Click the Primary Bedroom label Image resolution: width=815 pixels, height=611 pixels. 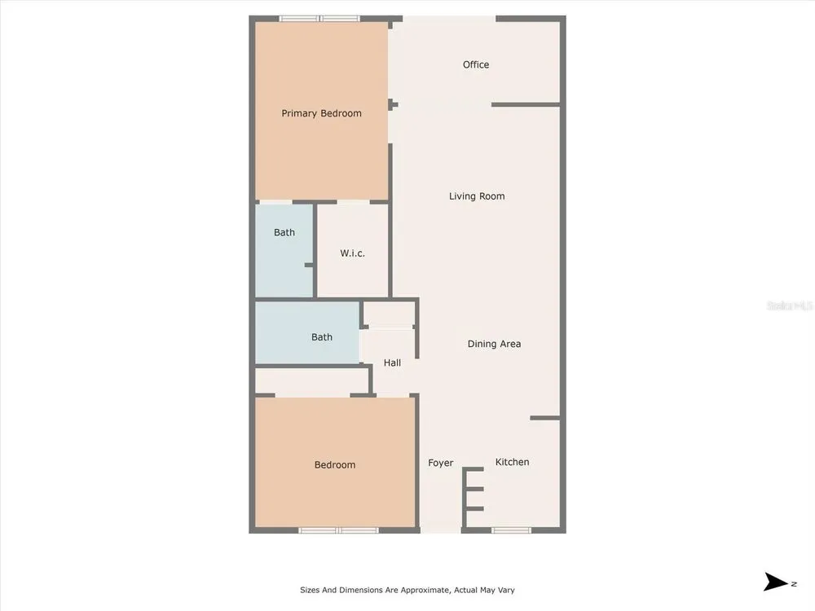[321, 113]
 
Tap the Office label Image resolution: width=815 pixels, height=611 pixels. [476, 64]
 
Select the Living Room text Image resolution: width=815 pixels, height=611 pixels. [477, 196]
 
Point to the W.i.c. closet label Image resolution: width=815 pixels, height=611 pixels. [352, 253]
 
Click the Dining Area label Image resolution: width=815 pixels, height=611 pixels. [494, 344]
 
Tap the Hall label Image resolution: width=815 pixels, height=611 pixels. [392, 363]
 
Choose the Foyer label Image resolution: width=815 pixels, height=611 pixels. [440, 463]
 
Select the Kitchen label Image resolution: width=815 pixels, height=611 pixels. [512, 462]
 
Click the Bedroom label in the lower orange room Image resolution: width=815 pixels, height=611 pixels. [335, 465]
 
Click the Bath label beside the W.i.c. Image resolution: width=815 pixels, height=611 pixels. [284, 232]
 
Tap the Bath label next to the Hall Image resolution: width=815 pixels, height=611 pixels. [322, 337]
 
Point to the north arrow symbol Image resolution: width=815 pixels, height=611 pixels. [776, 582]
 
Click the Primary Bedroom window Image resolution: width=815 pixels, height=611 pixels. [319, 19]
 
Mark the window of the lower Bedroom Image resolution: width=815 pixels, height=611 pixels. [338, 530]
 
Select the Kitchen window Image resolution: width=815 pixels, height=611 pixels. [512, 530]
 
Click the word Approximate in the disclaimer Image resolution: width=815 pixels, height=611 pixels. [424, 590]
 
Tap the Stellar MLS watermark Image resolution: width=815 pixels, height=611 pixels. [790, 305]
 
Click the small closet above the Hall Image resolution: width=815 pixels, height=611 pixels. [388, 314]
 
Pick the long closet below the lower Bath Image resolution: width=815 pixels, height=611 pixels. [312, 380]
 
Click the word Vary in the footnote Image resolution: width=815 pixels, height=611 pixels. [506, 590]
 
